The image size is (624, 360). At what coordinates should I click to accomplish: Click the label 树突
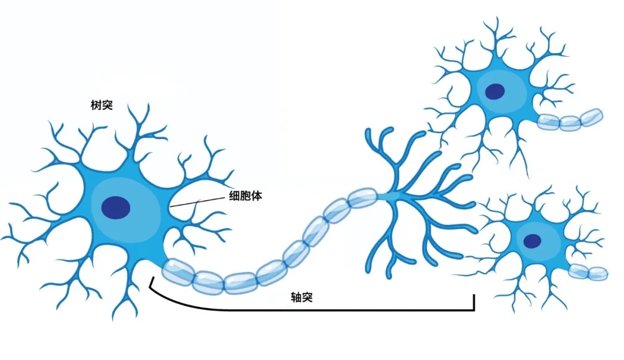[x=102, y=105]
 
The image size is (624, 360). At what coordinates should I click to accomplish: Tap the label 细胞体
[x=246, y=196]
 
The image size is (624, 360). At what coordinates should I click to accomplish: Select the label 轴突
[x=302, y=297]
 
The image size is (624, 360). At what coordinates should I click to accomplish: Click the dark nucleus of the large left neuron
[x=116, y=207]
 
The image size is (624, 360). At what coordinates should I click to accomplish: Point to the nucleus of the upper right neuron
[x=495, y=91]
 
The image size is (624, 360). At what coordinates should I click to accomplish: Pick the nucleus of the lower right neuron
[x=532, y=240]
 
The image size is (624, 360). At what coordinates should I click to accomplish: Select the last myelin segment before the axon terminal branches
[x=362, y=198]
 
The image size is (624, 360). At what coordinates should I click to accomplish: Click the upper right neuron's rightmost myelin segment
[x=592, y=117]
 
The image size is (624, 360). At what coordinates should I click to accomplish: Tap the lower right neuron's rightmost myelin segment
[x=598, y=273]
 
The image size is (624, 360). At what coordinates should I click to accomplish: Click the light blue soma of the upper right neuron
[x=503, y=91]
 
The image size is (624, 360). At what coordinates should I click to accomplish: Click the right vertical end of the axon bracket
[x=474, y=302]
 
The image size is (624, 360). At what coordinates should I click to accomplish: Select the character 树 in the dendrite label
[x=96, y=105]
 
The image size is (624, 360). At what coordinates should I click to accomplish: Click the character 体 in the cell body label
[x=257, y=196]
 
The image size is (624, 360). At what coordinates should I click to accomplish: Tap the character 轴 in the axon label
[x=296, y=297]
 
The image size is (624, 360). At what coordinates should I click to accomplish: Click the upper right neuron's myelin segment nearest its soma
[x=548, y=122]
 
